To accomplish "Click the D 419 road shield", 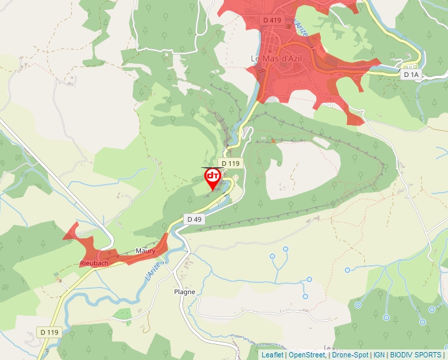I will [x=272, y=20].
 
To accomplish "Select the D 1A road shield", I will [x=411, y=75].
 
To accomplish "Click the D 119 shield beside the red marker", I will [x=231, y=163].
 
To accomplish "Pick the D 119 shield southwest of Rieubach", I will [x=49, y=332].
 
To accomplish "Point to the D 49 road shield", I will [x=194, y=219].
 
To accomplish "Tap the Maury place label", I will [x=145, y=251].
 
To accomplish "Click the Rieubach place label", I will [x=94, y=263].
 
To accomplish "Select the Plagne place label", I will [x=184, y=292].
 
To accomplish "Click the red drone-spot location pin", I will [x=213, y=178].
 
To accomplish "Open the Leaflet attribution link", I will [x=273, y=355].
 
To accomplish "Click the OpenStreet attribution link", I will [x=307, y=355].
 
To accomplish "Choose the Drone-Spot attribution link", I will [x=350, y=355].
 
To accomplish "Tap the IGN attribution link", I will [x=379, y=355].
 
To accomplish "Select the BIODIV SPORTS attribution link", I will [x=416, y=355].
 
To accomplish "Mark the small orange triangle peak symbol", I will [x=272, y=140].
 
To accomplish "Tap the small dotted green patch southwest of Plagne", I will [x=123, y=313].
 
